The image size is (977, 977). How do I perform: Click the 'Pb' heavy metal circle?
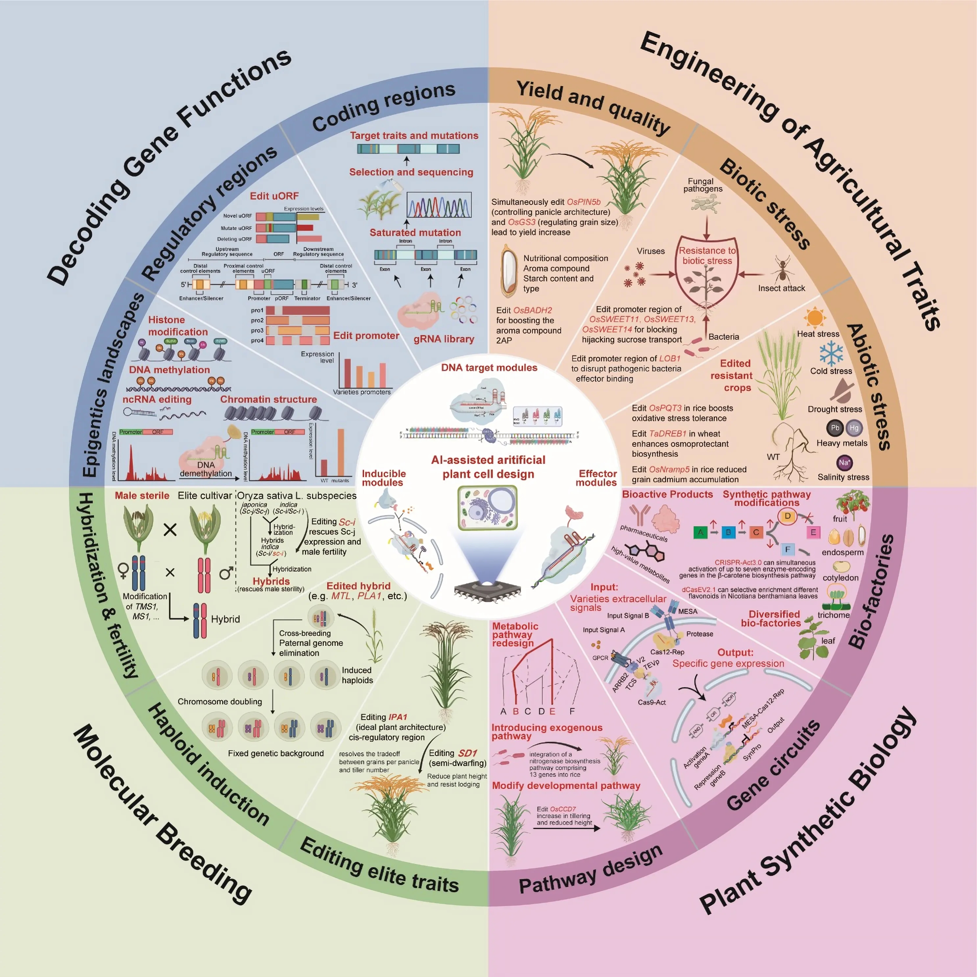pyautogui.click(x=835, y=428)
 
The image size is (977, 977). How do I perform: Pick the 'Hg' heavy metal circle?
pyautogui.click(x=854, y=428)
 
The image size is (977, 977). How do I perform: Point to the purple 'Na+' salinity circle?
pyautogui.click(x=844, y=462)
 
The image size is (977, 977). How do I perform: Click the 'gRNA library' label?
pyautogui.click(x=443, y=339)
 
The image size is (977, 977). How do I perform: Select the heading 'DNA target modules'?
pyautogui.click(x=489, y=368)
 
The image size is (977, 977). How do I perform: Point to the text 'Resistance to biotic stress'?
pyautogui.click(x=707, y=255)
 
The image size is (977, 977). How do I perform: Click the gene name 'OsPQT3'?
pyautogui.click(x=665, y=408)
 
